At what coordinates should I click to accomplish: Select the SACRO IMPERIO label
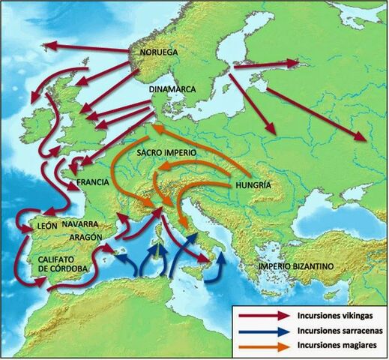tap(166, 152)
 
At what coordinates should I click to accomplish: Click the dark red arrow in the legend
tap(263, 316)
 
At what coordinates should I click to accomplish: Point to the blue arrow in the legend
tap(263, 331)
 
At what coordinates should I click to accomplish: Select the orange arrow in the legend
tap(263, 346)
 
